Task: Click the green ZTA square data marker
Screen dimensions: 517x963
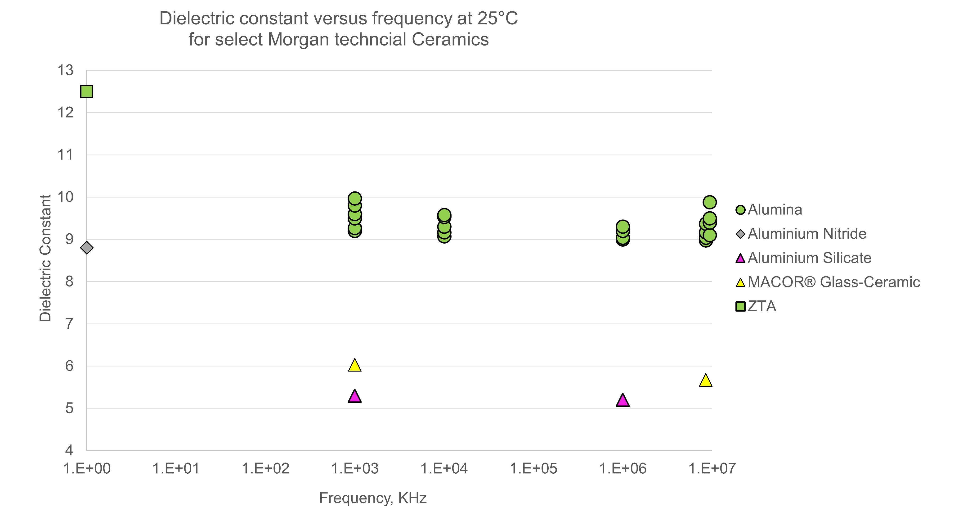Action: coord(87,91)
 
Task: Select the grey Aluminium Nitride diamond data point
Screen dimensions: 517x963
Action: coord(87,248)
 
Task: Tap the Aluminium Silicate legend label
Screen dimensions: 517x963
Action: coord(809,258)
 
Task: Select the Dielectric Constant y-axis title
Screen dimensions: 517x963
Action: coord(45,258)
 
